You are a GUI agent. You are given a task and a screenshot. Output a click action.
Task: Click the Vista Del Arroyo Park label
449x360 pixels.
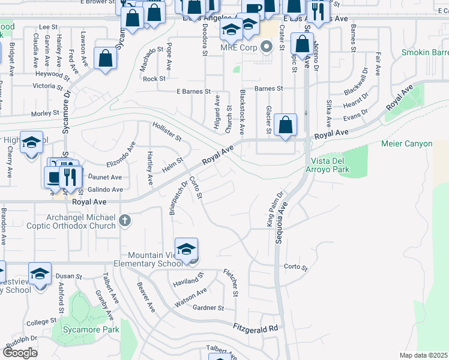pos(339,166)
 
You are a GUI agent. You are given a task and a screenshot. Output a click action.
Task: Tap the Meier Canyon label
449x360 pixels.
pos(406,143)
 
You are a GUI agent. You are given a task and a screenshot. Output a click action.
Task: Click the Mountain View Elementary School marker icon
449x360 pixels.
pos(186,250)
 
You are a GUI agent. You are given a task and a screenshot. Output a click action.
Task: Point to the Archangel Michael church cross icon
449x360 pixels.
pos(124,220)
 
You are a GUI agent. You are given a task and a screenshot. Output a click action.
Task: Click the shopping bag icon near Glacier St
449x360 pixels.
pos(286,125)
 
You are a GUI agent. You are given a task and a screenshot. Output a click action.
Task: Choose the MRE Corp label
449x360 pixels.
pos(238,47)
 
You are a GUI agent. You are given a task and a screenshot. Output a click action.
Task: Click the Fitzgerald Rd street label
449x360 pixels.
pos(256,328)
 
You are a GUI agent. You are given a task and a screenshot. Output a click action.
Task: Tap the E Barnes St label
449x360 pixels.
pos(193,92)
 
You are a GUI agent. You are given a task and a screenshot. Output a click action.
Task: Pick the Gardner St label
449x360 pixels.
pos(208,308)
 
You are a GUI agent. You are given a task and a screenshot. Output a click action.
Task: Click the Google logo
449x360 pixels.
pos(19,352)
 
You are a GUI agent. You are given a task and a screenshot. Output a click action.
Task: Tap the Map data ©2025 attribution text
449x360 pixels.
pos(423,355)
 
